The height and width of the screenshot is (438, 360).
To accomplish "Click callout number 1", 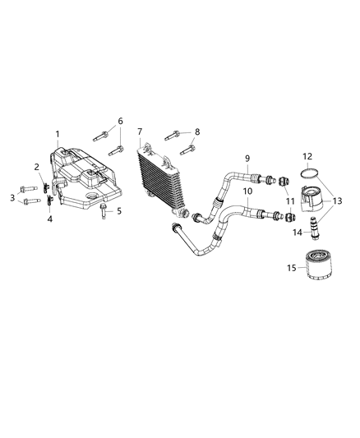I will tap(58, 134).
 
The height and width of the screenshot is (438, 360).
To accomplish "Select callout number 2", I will tap(36, 167).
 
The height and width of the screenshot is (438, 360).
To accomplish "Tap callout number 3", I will tap(12, 196).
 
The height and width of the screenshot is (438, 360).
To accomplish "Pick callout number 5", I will tap(118, 211).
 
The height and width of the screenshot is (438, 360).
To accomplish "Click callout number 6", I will tap(120, 121).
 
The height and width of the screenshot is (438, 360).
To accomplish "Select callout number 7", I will tap(140, 131).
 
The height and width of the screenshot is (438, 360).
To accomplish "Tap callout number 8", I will tap(196, 131).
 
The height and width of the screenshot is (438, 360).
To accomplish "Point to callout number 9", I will tap(246, 159).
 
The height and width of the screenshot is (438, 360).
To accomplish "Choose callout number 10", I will tap(247, 191).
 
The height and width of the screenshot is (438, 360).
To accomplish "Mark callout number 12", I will tap(308, 156).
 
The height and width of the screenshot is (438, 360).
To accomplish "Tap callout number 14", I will tap(298, 233).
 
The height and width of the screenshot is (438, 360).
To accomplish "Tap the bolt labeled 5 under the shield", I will tap(103, 216).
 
